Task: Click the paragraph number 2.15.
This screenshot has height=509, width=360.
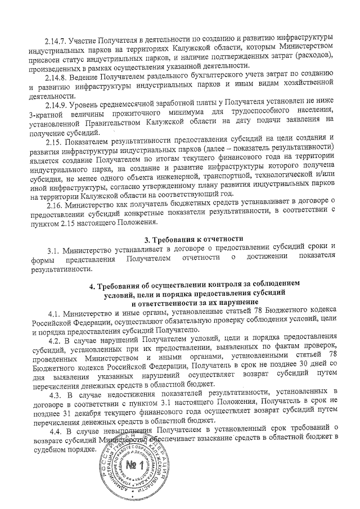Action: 53,138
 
